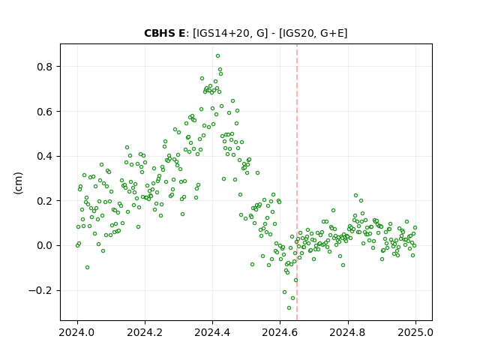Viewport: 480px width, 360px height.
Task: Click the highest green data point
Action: (218, 56)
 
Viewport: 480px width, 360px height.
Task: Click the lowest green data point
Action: (289, 308)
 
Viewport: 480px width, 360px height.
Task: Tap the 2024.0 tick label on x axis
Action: (77, 332)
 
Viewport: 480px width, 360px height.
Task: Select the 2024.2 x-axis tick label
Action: (145, 332)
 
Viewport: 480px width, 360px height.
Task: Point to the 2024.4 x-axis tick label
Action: (212, 332)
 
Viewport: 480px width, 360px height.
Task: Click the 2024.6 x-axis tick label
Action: (280, 332)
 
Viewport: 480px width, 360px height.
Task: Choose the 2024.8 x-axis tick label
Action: (348, 332)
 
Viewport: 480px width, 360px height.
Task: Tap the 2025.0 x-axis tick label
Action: (415, 332)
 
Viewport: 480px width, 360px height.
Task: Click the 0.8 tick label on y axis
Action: (44, 67)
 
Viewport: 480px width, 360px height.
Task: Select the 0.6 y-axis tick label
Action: (44, 112)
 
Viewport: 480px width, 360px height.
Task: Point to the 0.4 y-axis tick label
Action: (44, 157)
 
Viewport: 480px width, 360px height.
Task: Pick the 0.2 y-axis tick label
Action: (44, 201)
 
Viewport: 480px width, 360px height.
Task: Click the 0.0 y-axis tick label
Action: (44, 246)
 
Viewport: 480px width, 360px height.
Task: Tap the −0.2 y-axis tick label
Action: (40, 290)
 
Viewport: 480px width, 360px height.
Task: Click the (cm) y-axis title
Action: (18, 183)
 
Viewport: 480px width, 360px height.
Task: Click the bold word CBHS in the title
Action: (159, 33)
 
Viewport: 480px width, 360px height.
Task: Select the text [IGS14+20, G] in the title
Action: (230, 33)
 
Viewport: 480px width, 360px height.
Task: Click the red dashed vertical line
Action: (297, 182)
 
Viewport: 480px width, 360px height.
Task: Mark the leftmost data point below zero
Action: (87, 268)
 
